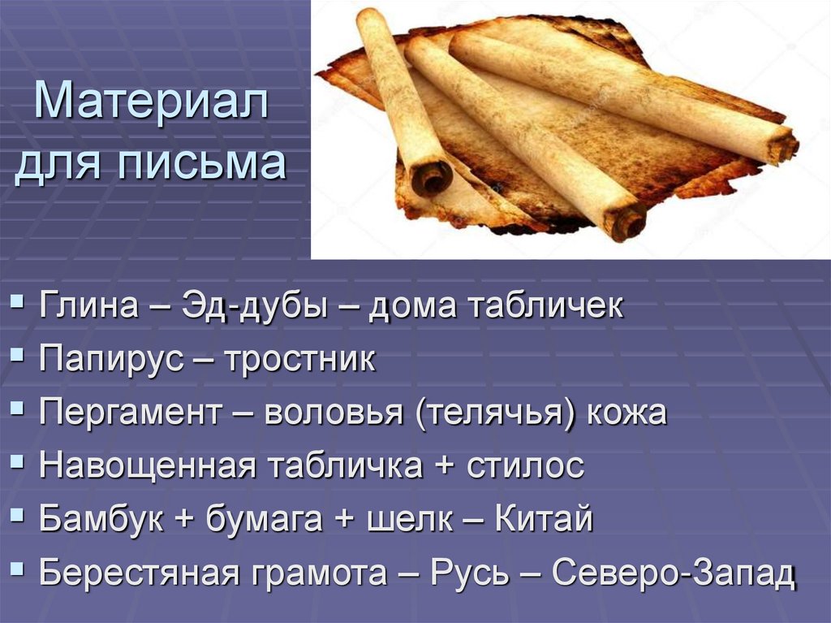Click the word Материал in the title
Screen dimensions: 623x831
click(x=152, y=104)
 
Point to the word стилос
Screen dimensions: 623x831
click(x=525, y=466)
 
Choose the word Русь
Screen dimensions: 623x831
click(x=471, y=573)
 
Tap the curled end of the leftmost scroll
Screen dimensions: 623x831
click(x=432, y=175)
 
